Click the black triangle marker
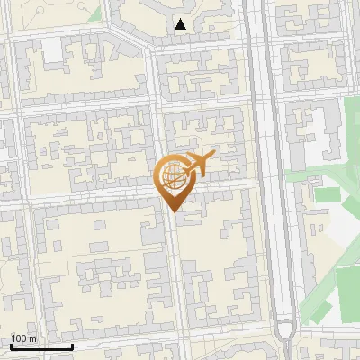click(x=182, y=25)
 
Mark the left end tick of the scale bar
click(x=11, y=346)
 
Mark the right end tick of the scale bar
click(x=72, y=346)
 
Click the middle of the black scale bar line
click(x=41, y=347)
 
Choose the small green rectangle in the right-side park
click(x=325, y=193)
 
